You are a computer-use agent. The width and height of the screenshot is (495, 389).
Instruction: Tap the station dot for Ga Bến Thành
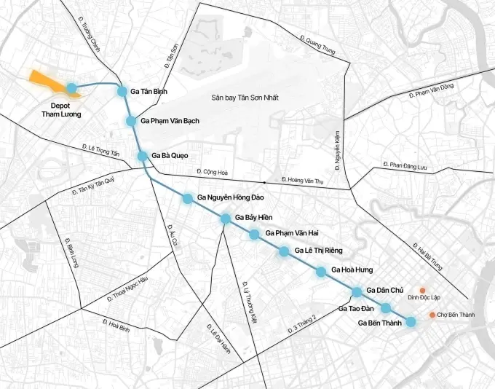[411, 322]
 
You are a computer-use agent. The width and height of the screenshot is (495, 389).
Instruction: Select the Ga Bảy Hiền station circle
[226, 218]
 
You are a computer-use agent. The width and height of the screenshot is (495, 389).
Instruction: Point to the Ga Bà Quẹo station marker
[143, 156]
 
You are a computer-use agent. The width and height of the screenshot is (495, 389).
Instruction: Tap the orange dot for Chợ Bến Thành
[432, 315]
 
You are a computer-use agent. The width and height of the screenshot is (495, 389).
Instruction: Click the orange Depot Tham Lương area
[48, 82]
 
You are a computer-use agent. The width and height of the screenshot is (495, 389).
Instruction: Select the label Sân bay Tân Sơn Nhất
[235, 98]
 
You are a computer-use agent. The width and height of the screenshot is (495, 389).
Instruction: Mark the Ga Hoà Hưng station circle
[321, 272]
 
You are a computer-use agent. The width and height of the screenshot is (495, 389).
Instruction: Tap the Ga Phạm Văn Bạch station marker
[131, 121]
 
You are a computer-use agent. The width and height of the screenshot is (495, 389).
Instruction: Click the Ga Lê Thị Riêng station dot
[283, 251]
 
